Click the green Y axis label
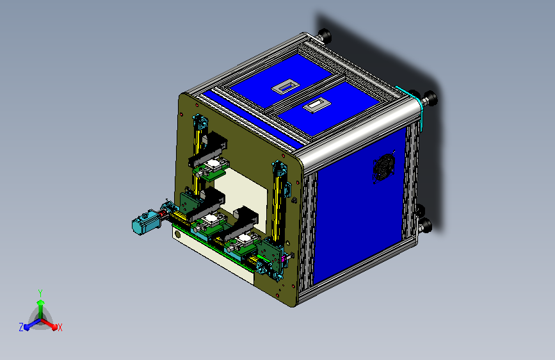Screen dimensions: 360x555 click(x=40, y=291)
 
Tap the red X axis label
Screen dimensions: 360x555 click(x=60, y=327)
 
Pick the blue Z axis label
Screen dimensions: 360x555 click(x=21, y=327)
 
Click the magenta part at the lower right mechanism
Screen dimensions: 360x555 click(x=286, y=259)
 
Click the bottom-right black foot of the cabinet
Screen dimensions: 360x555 click(x=424, y=225)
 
